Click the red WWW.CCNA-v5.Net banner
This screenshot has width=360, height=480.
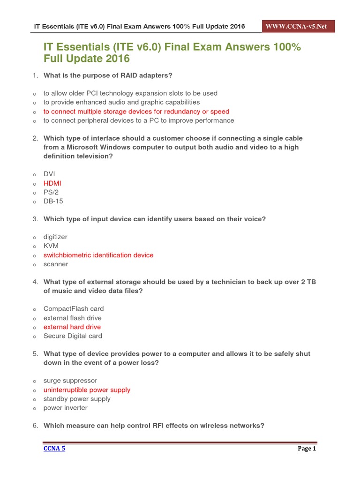(299, 26)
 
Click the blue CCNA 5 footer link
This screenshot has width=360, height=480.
(54, 449)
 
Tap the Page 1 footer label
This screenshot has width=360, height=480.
(307, 449)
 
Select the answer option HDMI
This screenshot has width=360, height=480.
(52, 183)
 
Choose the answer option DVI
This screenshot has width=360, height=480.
(49, 174)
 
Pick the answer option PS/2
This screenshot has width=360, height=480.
(51, 192)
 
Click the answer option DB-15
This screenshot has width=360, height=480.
(53, 201)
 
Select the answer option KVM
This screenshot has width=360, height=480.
(51, 246)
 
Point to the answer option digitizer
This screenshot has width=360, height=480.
(55, 237)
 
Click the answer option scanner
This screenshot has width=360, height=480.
(56, 264)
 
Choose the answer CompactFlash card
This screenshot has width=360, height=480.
(74, 308)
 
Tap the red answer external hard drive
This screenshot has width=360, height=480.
(72, 327)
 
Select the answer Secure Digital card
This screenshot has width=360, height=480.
(73, 336)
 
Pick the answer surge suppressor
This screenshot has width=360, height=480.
(70, 381)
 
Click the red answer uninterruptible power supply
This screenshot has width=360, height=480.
(87, 390)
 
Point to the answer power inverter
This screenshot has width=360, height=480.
(65, 408)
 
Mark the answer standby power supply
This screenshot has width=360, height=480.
(77, 399)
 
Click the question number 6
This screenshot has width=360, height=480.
(35, 426)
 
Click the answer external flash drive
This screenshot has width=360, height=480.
(72, 318)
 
